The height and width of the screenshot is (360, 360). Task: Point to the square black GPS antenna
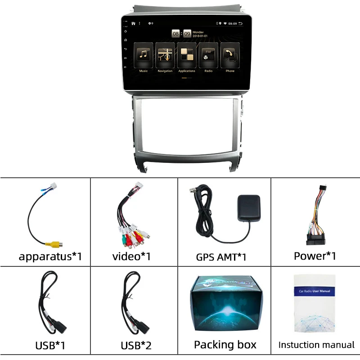coord(248,208)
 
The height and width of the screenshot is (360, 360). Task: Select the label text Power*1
coord(315,256)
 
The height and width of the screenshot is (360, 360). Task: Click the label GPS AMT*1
coord(220,257)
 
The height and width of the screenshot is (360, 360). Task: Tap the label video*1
coord(131,256)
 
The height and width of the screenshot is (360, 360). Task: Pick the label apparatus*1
coord(50,256)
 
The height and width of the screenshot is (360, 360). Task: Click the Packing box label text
coord(225,345)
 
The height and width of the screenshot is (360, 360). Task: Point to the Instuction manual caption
coord(316,345)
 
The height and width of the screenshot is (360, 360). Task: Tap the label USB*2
coord(136,346)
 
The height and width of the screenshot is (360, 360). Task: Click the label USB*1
coord(50,346)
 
